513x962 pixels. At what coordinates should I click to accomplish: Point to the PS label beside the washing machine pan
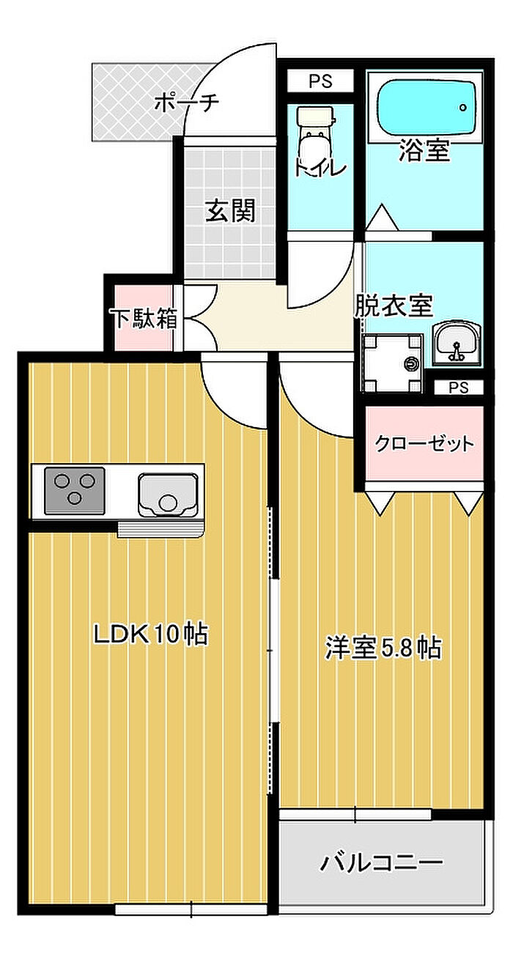(459, 388)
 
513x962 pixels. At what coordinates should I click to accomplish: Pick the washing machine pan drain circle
(411, 363)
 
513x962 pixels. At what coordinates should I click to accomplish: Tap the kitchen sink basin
(168, 495)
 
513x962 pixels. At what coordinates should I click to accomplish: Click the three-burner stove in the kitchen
(75, 490)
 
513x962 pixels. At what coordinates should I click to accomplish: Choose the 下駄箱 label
(145, 318)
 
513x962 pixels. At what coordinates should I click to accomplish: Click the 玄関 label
(231, 210)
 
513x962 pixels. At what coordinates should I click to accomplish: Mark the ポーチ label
(187, 102)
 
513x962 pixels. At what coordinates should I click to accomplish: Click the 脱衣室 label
(393, 306)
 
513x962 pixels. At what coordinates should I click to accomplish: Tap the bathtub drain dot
(463, 107)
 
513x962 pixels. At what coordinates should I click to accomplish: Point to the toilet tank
(316, 116)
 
